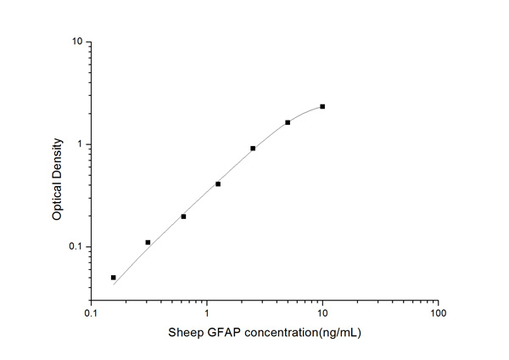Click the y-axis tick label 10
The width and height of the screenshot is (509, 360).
click(76, 42)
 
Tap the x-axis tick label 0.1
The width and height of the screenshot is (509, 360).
click(91, 314)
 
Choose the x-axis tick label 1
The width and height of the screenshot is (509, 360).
click(206, 314)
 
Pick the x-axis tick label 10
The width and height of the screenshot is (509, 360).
click(322, 314)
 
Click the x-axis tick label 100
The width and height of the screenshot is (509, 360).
click(438, 314)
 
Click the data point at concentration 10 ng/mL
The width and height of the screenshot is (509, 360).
click(322, 107)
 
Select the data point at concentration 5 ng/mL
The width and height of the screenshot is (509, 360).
click(288, 122)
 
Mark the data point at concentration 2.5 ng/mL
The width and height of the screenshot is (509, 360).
click(253, 149)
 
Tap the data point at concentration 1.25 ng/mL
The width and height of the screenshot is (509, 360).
click(218, 184)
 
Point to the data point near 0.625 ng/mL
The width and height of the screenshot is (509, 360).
click(183, 217)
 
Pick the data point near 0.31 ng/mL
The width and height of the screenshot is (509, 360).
click(148, 243)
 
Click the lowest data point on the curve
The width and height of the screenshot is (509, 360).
click(113, 278)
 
